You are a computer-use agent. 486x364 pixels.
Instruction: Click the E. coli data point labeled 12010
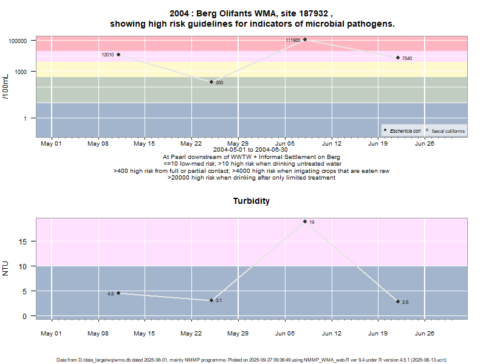118,55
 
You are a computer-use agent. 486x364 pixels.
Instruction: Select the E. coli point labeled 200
211,82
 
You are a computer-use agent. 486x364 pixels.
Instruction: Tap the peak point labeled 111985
305,40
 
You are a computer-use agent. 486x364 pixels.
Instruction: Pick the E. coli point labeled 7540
398,58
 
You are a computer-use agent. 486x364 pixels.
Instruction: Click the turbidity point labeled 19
305,221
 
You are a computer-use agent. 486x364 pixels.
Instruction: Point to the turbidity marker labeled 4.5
118,293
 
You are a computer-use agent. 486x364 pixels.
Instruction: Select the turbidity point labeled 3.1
211,300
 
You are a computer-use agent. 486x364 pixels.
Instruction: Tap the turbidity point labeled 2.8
398,302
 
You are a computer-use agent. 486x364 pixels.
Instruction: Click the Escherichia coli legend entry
405,130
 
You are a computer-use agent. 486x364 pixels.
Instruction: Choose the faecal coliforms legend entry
447,130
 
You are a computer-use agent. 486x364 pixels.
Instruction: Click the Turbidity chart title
252,201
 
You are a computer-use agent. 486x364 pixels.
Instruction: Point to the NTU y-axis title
7,268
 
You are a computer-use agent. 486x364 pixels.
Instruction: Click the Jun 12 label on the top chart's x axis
332,144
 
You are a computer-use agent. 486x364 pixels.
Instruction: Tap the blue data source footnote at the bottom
252,360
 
